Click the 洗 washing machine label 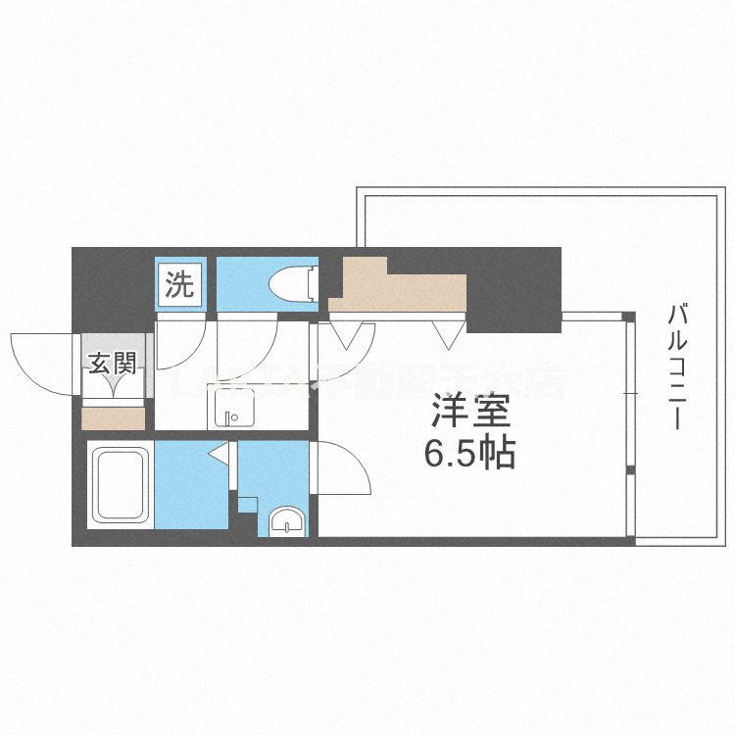[x=179, y=284]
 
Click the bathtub [x=120, y=485]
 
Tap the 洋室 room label [x=466, y=414]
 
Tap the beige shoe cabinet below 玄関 [x=114, y=418]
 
